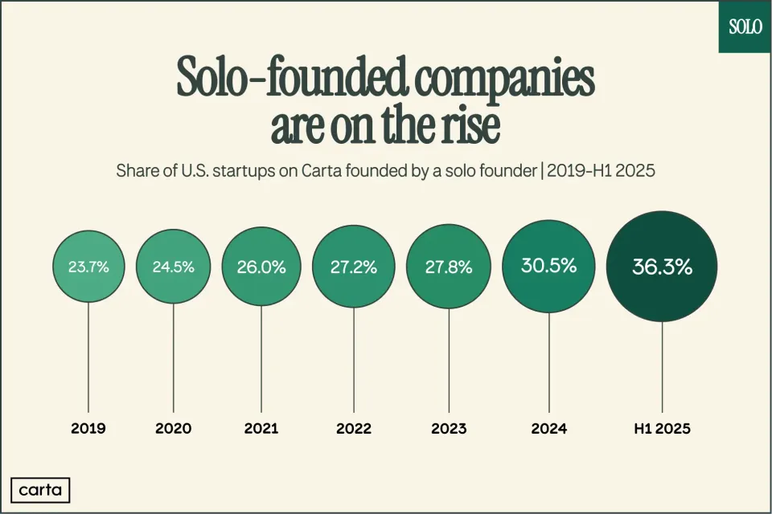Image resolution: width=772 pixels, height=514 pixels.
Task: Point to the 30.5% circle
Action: tap(548, 266)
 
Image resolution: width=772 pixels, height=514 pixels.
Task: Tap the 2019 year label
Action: tap(87, 429)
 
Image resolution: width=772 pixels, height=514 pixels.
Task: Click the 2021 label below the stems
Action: tap(261, 429)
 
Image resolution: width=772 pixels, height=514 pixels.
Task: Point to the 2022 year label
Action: tap(353, 429)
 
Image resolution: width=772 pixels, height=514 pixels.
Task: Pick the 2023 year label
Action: tap(449, 429)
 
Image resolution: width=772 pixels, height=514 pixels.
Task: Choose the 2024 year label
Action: tap(548, 429)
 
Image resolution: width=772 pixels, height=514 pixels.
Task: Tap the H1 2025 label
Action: tap(662, 429)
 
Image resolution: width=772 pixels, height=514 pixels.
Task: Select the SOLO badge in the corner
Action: tap(745, 26)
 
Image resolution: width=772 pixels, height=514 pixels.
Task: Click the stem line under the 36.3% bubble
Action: tap(662, 365)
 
